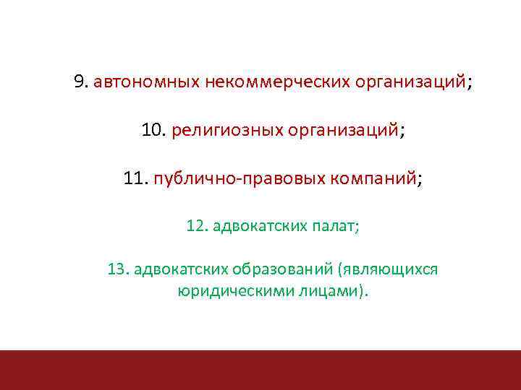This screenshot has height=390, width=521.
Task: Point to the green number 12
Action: click(195, 226)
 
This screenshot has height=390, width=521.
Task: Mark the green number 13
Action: click(117, 269)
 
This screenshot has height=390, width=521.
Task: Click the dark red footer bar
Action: click(260, 370)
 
